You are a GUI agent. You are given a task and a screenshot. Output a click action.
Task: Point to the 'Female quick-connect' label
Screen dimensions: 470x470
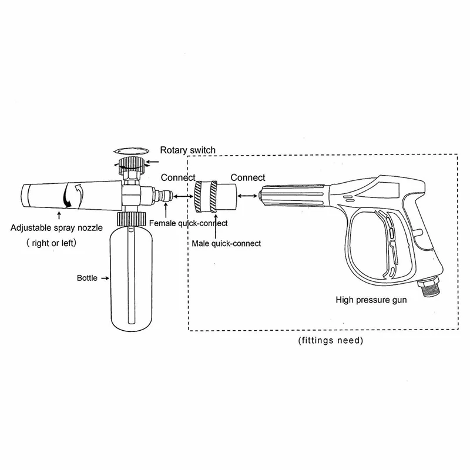pyautogui.click(x=188, y=223)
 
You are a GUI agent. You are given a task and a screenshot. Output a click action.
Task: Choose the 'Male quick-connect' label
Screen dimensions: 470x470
pyautogui.click(x=225, y=243)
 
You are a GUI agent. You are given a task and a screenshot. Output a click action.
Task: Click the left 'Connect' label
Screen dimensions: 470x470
pyautogui.click(x=178, y=177)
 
